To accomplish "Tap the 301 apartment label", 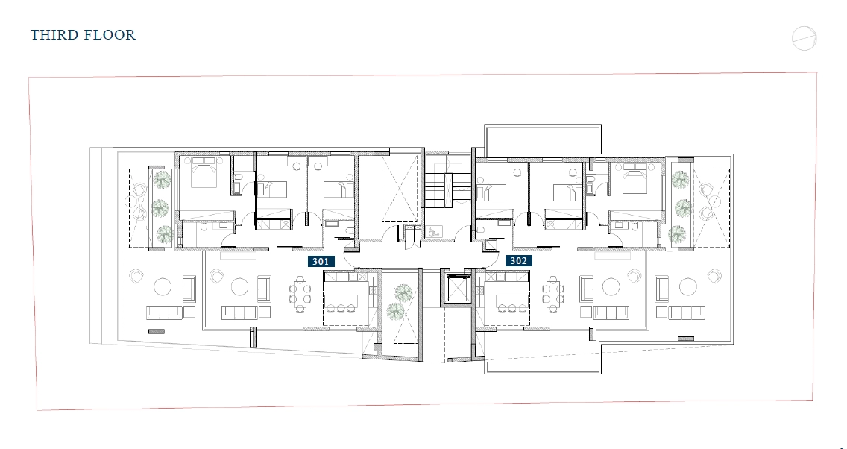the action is pos(321,262).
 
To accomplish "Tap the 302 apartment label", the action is pos(519,261).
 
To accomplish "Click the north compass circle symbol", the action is pos(804,38).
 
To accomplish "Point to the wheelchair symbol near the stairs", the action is pos(433,232).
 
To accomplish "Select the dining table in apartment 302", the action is pos(552,295).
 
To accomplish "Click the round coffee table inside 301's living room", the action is pos(240,287).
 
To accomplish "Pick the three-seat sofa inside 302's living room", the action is pos(611,313).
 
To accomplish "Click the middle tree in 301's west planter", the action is pos(160,207).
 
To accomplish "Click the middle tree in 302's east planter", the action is pos(683,207).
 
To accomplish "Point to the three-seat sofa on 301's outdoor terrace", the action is pos(164,313).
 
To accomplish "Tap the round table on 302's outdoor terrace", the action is pos(687,287).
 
